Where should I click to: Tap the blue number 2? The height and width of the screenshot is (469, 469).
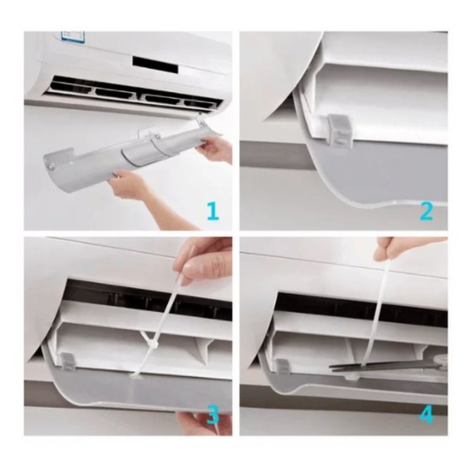click(x=426, y=211)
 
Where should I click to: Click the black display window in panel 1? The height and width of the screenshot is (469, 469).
click(x=155, y=65)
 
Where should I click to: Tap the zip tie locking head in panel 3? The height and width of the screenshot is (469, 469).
click(x=153, y=344)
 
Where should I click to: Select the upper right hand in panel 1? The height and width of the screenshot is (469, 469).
click(x=215, y=150)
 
